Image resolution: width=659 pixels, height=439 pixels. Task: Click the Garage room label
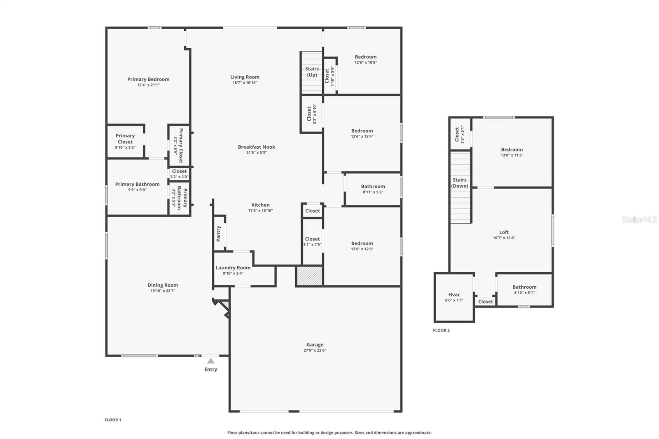pyautogui.click(x=315, y=345)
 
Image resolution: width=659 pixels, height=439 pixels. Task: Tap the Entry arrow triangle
pyautogui.click(x=210, y=361)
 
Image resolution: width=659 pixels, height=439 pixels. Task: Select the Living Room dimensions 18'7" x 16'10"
pyautogui.click(x=245, y=83)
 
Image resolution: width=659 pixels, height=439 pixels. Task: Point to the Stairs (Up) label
pyautogui.click(x=312, y=72)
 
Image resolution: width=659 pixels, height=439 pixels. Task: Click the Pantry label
pyautogui.click(x=218, y=234)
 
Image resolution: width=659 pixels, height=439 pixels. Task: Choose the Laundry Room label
pyautogui.click(x=233, y=268)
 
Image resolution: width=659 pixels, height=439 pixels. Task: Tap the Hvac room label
pyautogui.click(x=454, y=294)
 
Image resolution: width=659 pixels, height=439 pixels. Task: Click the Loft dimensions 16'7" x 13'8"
pyautogui.click(x=504, y=238)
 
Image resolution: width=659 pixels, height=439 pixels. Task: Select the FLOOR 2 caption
pyautogui.click(x=441, y=330)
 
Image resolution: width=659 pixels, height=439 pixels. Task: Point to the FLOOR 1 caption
pyautogui.click(x=113, y=420)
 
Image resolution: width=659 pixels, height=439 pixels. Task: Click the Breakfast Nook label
pyautogui.click(x=257, y=147)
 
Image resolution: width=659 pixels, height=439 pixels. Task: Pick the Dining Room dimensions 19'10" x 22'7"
pyautogui.click(x=163, y=291)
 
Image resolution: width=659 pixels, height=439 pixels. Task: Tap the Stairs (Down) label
pyautogui.click(x=460, y=183)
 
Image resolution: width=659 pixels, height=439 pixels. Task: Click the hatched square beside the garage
pyautogui.click(x=309, y=276)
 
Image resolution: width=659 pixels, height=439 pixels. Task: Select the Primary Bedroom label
pyautogui.click(x=148, y=79)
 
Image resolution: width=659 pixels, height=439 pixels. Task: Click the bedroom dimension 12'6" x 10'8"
pyautogui.click(x=366, y=62)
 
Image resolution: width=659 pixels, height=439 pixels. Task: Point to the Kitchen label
pyautogui.click(x=260, y=205)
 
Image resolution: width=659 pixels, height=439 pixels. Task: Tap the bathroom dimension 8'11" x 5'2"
pyautogui.click(x=373, y=192)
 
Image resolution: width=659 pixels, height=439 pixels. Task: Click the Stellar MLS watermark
pyautogui.click(x=640, y=219)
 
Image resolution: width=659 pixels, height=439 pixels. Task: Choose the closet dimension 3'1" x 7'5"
pyautogui.click(x=313, y=245)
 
